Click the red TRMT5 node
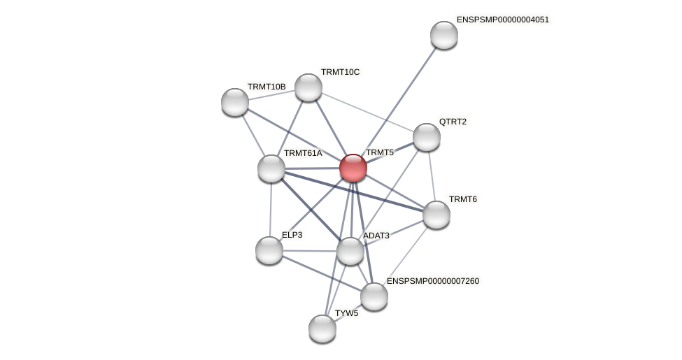[x=353, y=168]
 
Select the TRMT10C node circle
[x=308, y=87]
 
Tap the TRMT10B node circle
[x=235, y=102]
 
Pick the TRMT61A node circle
[x=271, y=168]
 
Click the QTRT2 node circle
[x=427, y=137]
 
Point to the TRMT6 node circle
[x=436, y=215]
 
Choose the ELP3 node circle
[x=269, y=250]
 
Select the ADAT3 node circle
[x=350, y=251]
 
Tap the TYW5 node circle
[x=322, y=329]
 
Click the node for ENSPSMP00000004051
[x=444, y=35]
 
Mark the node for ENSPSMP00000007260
[x=374, y=296]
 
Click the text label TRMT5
[x=380, y=152]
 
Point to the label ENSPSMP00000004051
[x=502, y=20]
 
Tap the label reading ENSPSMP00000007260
[x=433, y=281]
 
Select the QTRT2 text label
[x=453, y=122]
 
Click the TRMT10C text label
[x=340, y=72]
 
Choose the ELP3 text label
[x=292, y=235]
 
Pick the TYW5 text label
[x=346, y=313]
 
